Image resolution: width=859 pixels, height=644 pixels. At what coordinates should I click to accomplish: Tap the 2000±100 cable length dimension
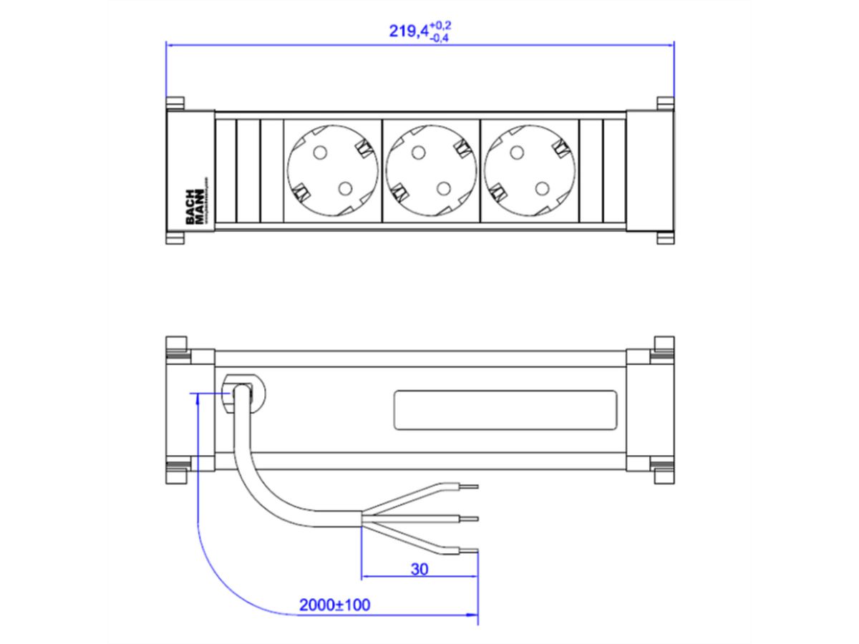(x=334, y=605)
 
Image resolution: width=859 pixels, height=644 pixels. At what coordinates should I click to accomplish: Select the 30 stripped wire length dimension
(x=419, y=569)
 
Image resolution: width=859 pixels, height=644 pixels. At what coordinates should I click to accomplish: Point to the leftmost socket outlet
(x=333, y=170)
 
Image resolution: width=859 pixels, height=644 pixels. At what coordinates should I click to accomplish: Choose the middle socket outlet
(x=432, y=170)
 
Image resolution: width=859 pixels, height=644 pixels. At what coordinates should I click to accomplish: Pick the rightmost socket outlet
(x=530, y=170)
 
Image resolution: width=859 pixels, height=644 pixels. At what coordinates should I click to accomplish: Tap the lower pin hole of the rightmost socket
(x=542, y=188)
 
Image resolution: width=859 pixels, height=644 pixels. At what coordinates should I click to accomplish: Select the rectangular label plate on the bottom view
(x=505, y=411)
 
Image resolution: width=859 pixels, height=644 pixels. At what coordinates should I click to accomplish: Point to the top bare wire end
(x=469, y=486)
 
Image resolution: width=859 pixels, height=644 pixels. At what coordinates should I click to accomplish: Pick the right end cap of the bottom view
(x=649, y=411)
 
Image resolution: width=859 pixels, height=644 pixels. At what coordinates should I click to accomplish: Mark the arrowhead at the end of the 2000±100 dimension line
(x=472, y=614)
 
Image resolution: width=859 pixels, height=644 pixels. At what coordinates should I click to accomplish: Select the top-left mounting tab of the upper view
(x=175, y=103)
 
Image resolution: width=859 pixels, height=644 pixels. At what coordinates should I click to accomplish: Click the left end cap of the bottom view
(x=190, y=411)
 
